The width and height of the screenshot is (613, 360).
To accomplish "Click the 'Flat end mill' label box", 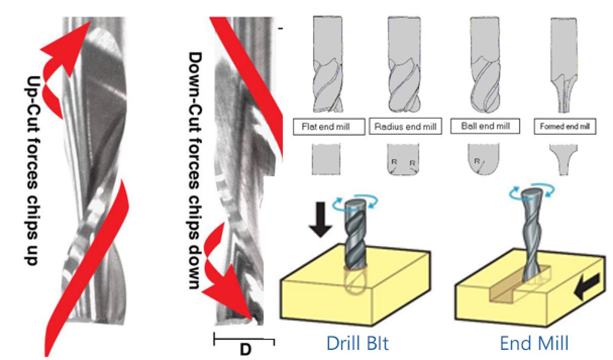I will coord(329,127).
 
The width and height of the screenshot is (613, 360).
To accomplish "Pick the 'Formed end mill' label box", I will coord(565,127).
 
